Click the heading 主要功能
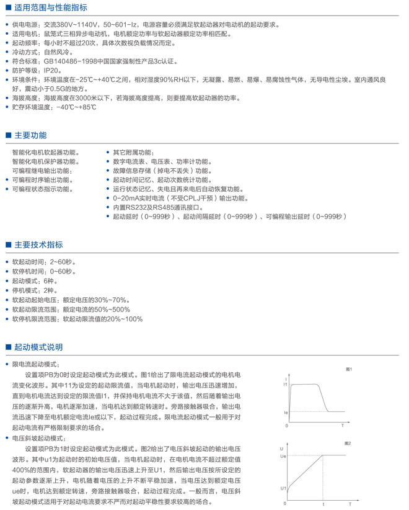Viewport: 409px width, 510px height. coord(30,135)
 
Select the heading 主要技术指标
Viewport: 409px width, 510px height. coord(38,245)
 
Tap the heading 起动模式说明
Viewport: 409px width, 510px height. coord(38,347)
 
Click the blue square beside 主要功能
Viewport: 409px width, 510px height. coord(8,135)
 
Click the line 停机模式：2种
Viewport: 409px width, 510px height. coord(36,290)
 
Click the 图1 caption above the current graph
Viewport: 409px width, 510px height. coord(349,369)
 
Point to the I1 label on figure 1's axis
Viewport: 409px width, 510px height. coord(286,385)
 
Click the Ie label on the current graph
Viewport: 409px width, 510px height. coord(286,412)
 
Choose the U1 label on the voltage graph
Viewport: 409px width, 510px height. coord(283,489)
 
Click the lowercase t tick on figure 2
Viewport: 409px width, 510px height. coord(323,504)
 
